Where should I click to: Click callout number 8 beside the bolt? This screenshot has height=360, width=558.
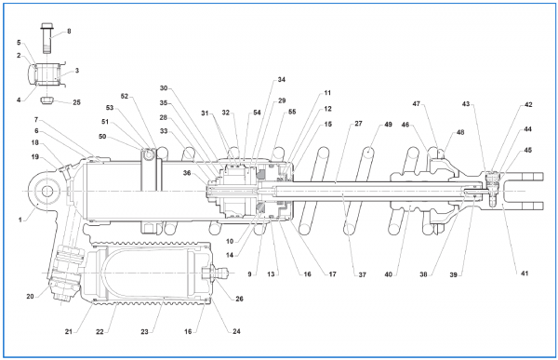point(69,32)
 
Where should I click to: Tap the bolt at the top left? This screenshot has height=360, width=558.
point(46,38)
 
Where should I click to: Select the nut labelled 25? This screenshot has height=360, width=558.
point(46,100)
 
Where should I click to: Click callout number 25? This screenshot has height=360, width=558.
point(76,102)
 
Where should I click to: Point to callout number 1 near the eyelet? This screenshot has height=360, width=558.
point(20,220)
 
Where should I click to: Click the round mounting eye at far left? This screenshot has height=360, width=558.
point(47,192)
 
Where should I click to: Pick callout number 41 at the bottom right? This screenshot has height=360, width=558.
point(525,273)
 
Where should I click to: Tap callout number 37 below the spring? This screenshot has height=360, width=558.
point(362,274)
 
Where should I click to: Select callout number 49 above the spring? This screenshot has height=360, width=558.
point(388,125)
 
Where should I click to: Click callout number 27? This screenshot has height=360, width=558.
point(358,124)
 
